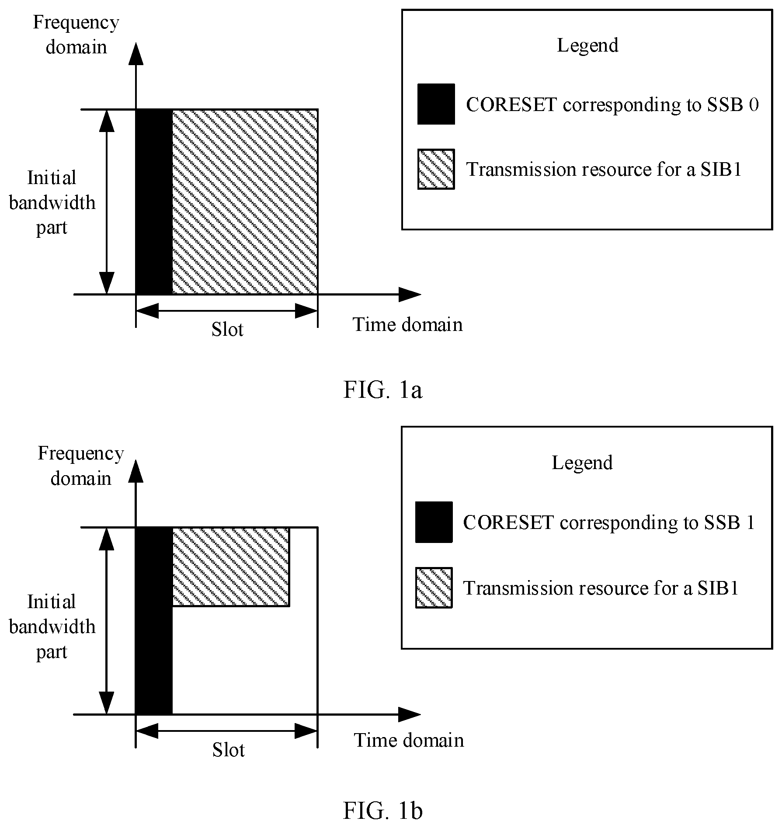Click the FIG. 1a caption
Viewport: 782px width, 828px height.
tap(382, 390)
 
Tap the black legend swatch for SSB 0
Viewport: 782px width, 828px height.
tap(436, 104)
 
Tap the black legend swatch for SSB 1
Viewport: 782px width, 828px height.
tap(434, 522)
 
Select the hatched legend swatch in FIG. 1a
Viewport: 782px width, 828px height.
tap(436, 169)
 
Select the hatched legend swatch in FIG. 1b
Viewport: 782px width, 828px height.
tap(434, 588)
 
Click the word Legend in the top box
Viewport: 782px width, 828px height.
tap(587, 45)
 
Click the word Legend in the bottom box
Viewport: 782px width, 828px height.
tap(582, 463)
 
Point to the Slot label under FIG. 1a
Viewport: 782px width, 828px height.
tap(227, 329)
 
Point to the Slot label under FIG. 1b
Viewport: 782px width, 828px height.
tap(228, 750)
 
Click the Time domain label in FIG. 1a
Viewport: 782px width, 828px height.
tap(407, 325)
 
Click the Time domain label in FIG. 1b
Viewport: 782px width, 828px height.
tap(409, 741)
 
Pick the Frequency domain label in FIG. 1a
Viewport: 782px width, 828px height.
tap(76, 35)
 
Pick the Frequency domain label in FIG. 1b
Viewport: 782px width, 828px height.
tap(81, 466)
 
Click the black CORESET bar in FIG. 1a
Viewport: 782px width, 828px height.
tap(154, 202)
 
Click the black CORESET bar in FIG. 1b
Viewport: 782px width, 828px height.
tap(154, 621)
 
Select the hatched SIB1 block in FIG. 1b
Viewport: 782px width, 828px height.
tap(231, 567)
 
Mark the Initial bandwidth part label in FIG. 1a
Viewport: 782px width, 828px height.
tap(52, 202)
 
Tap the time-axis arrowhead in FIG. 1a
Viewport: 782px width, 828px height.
tap(410, 295)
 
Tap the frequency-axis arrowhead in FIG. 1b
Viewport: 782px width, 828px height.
tap(136, 470)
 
